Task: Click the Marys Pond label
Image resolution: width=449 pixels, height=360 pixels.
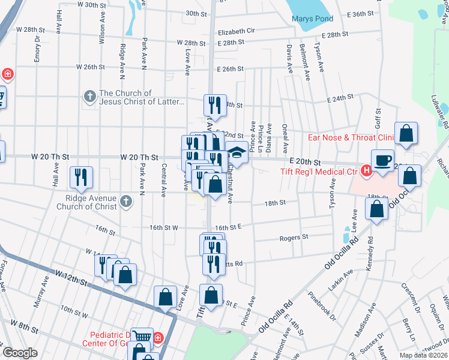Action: point(312,19)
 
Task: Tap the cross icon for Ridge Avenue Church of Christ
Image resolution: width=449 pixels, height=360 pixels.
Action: point(125,201)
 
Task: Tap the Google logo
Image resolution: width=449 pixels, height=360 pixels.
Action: point(20,353)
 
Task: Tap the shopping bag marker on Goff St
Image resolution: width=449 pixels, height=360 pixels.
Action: point(406,135)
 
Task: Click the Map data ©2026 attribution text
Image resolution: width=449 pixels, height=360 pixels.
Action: point(423,355)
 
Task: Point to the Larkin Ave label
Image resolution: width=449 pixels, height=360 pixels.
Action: point(340,277)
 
